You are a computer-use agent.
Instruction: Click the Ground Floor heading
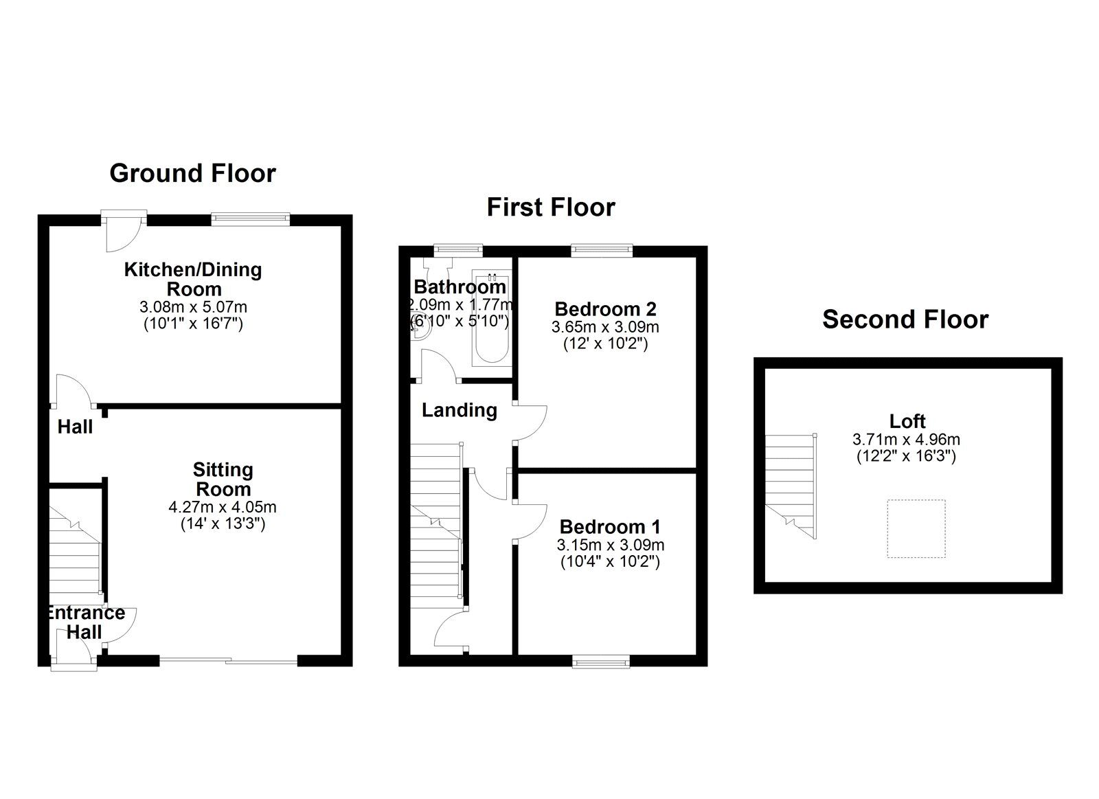(x=193, y=173)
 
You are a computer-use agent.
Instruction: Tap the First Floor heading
(x=551, y=207)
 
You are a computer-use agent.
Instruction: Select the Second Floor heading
(x=905, y=319)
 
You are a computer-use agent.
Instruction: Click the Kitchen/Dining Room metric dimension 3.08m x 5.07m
(x=193, y=307)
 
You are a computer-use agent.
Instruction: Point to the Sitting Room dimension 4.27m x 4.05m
(x=223, y=507)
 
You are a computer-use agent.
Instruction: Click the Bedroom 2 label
(x=605, y=309)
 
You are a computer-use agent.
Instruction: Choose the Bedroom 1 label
(x=610, y=527)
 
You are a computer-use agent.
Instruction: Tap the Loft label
(x=907, y=421)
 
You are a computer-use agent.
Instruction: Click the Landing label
(x=460, y=410)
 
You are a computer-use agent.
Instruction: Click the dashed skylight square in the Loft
(x=916, y=528)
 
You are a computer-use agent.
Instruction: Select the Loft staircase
(x=791, y=486)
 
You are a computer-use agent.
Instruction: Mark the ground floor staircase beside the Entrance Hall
(x=75, y=552)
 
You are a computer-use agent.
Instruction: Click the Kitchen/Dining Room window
(x=250, y=219)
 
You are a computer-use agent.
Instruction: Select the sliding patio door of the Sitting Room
(x=229, y=661)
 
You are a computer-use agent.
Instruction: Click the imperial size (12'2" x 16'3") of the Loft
(x=906, y=456)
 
